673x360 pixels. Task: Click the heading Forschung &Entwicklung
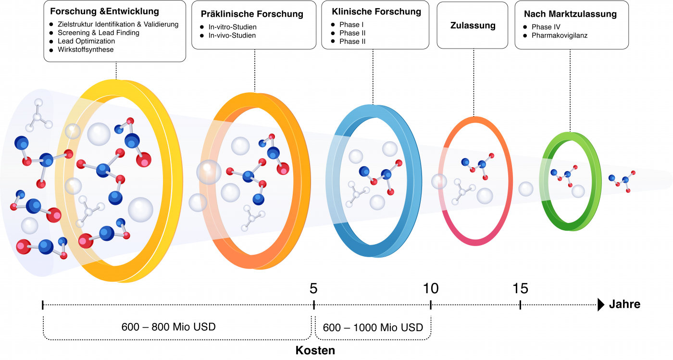click(105, 12)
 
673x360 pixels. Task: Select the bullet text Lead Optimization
click(86, 41)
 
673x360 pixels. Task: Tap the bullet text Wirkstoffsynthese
click(86, 50)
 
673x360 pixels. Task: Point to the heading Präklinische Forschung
click(252, 14)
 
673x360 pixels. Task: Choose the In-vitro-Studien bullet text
click(233, 27)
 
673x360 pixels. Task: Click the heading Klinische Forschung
click(376, 12)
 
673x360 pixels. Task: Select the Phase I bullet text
click(351, 25)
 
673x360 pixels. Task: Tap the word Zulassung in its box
click(473, 25)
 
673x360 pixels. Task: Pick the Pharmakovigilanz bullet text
click(560, 36)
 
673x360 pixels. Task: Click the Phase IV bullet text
click(546, 27)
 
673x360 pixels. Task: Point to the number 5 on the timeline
click(313, 288)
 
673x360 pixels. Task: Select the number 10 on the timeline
click(431, 288)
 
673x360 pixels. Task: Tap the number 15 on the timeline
click(520, 288)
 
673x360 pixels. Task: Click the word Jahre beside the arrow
click(624, 304)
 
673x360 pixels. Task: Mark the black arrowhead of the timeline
click(601, 305)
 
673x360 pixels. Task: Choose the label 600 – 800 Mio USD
click(169, 327)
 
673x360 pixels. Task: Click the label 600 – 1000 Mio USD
click(373, 327)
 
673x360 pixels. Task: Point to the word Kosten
click(315, 350)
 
